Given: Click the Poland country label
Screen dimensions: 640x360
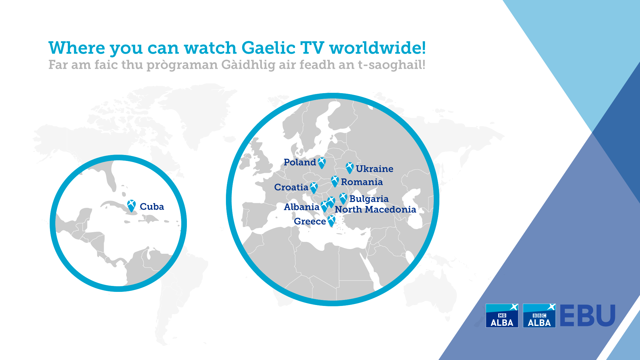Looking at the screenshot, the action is (300, 162).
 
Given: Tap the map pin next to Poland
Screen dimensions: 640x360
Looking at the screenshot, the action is (322, 163).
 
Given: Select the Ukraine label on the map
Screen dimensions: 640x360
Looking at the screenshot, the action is (374, 169).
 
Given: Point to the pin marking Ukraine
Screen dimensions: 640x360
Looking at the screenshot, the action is (349, 168).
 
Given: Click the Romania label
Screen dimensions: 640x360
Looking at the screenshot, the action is (362, 182).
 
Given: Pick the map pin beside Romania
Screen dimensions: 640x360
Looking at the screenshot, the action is (335, 181).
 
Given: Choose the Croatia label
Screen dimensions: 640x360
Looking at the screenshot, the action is (291, 187).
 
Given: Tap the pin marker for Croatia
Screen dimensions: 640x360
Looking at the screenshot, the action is (314, 188).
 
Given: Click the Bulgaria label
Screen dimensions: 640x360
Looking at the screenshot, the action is (369, 199).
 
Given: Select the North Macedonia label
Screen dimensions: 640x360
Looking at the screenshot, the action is (375, 209).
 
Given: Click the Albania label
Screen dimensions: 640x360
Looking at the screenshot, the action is (302, 207).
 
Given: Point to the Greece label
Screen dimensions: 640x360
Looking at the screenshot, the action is (310, 221).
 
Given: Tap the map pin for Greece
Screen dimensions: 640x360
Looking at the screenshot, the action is (331, 221).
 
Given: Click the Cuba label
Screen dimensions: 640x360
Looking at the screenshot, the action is (152, 207).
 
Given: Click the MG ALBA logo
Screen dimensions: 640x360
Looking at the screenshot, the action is (502, 316).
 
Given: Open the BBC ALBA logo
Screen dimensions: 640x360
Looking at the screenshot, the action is (539, 316).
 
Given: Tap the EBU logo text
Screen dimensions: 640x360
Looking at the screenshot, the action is (587, 316).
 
